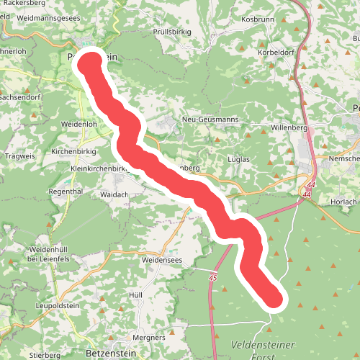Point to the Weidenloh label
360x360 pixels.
click(79, 124)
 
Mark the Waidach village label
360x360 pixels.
click(114, 194)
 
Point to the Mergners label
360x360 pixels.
click(149, 337)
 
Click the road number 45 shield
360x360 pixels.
click(213, 277)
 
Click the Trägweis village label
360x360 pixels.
click(19, 156)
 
